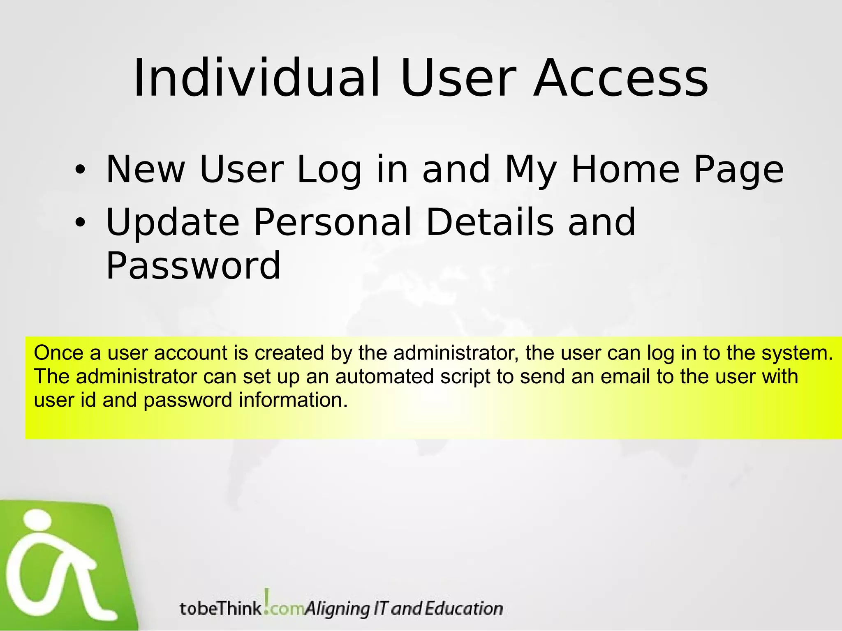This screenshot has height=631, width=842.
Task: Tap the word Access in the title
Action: coord(621,78)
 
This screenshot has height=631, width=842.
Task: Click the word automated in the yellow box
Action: coord(384,377)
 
